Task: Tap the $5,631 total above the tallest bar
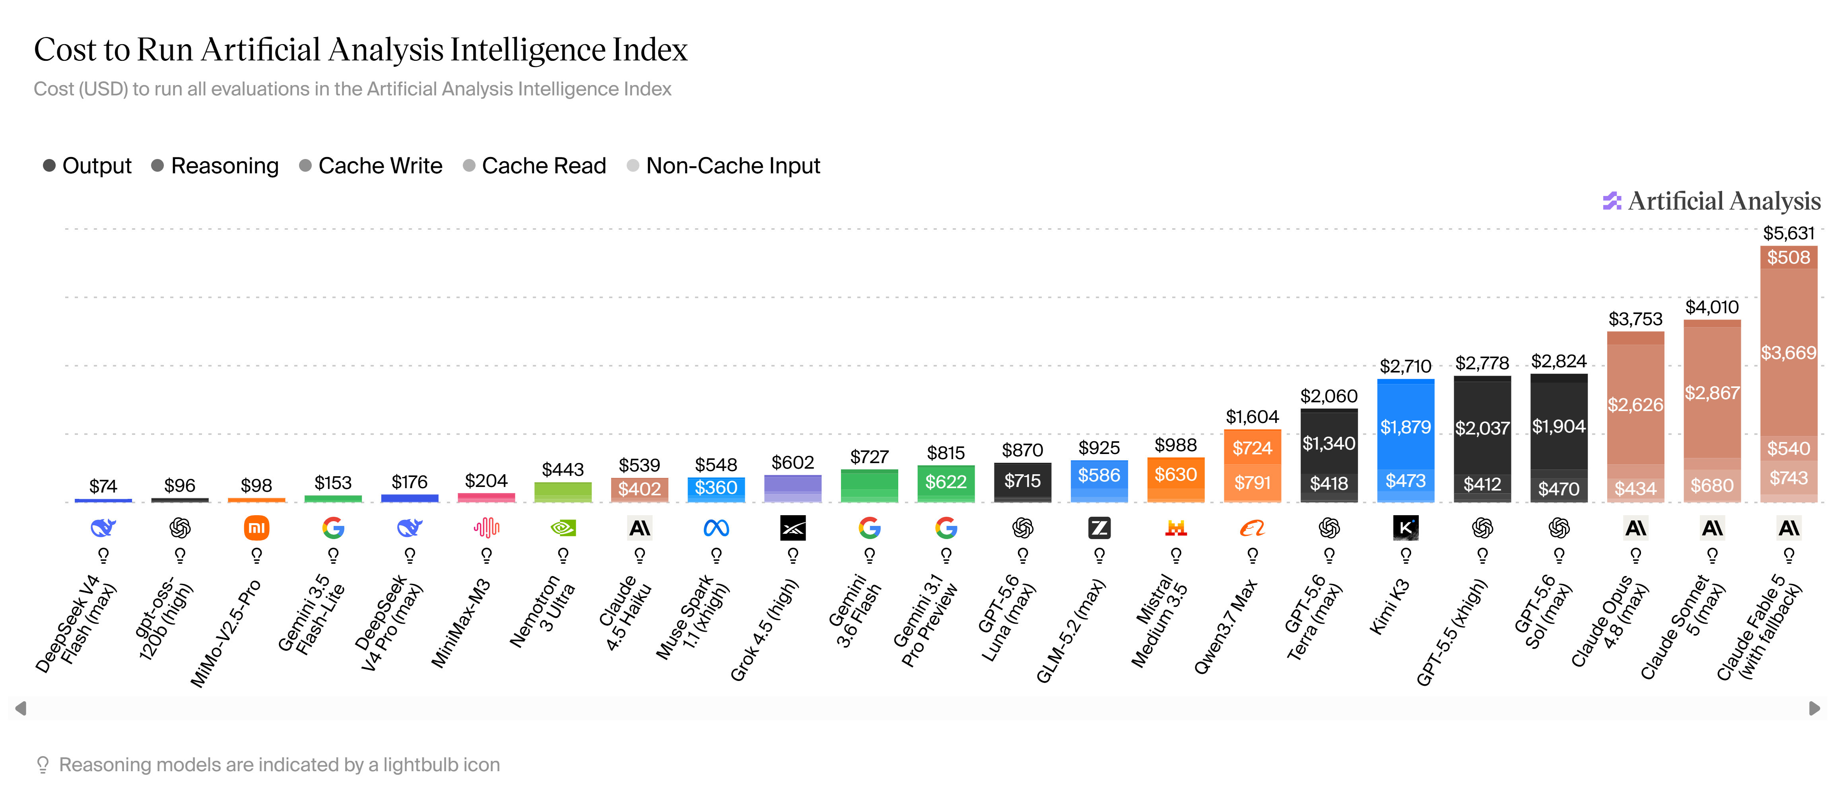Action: (1789, 233)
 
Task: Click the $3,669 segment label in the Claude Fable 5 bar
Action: (1789, 353)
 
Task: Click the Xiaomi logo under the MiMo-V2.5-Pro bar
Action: (256, 528)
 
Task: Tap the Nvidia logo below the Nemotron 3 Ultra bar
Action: (563, 528)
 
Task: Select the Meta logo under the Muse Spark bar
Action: (716, 528)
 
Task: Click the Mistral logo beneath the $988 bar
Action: (1176, 528)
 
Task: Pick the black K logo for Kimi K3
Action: (1405, 528)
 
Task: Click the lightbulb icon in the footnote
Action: (43, 765)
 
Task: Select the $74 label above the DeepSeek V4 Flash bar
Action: (103, 487)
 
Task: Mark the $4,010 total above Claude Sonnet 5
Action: (1712, 307)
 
